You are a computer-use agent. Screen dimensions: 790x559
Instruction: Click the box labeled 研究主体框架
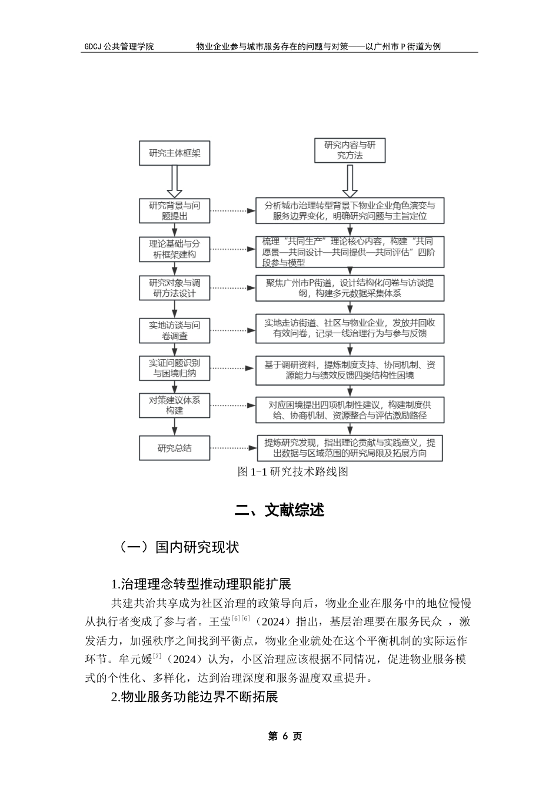(x=174, y=153)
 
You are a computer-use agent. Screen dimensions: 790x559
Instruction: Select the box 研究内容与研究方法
(x=350, y=150)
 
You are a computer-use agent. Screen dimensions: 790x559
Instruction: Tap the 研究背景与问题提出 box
(x=174, y=210)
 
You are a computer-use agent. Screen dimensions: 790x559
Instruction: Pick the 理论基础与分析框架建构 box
(x=174, y=249)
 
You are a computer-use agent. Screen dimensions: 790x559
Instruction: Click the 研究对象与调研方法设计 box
(x=174, y=288)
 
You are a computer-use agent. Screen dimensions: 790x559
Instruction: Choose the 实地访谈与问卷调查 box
(x=174, y=330)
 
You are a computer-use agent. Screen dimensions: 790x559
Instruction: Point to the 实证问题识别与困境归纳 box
(x=174, y=368)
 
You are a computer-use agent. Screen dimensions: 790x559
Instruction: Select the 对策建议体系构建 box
(x=174, y=405)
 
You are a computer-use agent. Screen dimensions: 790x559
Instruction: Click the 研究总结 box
(x=174, y=448)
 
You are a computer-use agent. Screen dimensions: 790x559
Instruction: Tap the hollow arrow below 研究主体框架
(x=175, y=181)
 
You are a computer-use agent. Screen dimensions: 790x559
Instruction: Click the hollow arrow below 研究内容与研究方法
(x=350, y=181)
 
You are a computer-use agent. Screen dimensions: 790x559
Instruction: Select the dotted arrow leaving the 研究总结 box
(x=232, y=448)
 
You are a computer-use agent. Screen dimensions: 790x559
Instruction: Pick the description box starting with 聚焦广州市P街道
(x=350, y=288)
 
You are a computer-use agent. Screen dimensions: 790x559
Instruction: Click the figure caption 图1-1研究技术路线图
(x=292, y=471)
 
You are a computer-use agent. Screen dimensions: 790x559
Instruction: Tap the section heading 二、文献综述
(x=279, y=510)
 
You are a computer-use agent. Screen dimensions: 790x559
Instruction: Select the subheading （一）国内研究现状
(x=179, y=547)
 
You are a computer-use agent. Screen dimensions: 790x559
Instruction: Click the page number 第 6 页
(x=285, y=737)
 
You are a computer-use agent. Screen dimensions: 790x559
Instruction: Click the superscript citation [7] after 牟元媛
(x=158, y=655)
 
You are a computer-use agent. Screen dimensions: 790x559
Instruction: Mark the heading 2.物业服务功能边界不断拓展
(x=194, y=697)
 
